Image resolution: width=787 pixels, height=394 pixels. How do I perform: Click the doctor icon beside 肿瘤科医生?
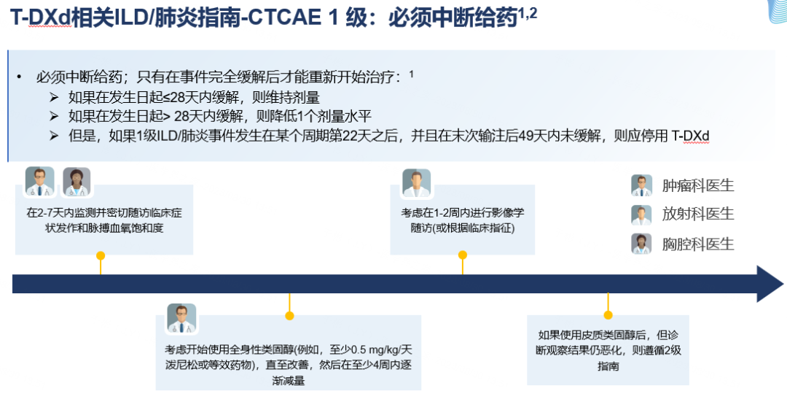click(x=641, y=185)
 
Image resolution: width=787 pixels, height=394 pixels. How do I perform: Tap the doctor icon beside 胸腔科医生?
click(x=641, y=244)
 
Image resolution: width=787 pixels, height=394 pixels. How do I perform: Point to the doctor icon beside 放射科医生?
click(x=641, y=215)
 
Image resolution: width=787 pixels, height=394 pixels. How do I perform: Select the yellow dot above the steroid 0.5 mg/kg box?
click(x=289, y=316)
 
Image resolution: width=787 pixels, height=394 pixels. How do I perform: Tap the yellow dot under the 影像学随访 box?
click(x=462, y=255)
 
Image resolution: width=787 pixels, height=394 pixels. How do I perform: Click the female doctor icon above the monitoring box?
click(x=76, y=182)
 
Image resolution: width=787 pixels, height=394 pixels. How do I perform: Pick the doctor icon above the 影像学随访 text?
click(x=417, y=183)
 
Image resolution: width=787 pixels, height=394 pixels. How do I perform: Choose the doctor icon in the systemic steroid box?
click(x=181, y=318)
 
